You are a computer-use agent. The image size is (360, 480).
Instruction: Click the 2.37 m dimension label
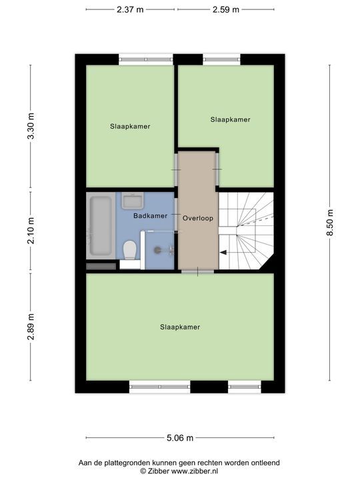(130, 9)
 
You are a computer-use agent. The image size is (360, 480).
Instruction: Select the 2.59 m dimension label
(226, 9)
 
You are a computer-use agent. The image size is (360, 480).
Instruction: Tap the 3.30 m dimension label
(31, 126)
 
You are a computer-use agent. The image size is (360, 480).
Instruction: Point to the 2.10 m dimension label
(31, 231)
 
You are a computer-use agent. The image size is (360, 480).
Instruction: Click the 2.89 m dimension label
(31, 327)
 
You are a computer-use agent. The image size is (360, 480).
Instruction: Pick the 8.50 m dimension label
(330, 223)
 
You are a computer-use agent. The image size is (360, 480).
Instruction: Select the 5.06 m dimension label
(180, 438)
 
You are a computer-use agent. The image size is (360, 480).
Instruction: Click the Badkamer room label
(150, 216)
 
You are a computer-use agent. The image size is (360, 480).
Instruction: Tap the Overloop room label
(198, 218)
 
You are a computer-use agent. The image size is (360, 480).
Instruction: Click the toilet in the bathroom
(130, 251)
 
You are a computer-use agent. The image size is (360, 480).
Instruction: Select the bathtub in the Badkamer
(101, 225)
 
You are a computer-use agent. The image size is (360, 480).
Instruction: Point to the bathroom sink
(133, 201)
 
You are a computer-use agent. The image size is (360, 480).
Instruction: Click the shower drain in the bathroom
(157, 250)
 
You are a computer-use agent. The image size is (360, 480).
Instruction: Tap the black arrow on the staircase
(223, 252)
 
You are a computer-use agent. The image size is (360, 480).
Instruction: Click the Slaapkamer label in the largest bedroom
(180, 327)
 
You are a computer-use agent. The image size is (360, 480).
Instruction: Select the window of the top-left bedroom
(146, 59)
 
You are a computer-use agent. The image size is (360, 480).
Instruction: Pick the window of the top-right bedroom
(221, 59)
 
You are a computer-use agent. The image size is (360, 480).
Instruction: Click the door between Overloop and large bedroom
(197, 271)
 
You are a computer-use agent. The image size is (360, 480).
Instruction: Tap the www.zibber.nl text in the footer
(195, 471)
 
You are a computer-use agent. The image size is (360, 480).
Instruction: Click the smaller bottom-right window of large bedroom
(244, 387)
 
